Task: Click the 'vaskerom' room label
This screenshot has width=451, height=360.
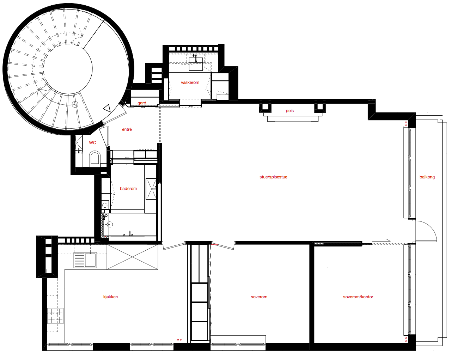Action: (x=190, y=83)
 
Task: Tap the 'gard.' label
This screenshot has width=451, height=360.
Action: (x=142, y=103)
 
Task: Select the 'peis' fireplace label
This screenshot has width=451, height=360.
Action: (x=290, y=111)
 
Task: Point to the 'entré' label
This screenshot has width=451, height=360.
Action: (x=127, y=129)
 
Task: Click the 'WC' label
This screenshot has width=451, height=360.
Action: (x=92, y=143)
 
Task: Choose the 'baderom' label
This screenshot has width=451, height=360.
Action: (x=128, y=189)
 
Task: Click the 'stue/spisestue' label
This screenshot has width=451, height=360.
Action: (x=273, y=177)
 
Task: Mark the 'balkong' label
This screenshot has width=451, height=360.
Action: (x=427, y=177)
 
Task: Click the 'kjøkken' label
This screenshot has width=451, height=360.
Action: (x=110, y=297)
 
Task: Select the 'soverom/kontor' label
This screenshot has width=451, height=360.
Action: (x=358, y=297)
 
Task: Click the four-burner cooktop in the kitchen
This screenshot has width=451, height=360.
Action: (x=55, y=316)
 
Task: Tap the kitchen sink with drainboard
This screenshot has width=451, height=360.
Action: (x=85, y=260)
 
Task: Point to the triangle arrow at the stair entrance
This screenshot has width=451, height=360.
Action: (x=107, y=108)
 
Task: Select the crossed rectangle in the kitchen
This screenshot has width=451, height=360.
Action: (x=133, y=257)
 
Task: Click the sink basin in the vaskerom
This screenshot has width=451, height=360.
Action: (x=196, y=64)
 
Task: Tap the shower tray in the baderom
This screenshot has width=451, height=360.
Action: (x=151, y=189)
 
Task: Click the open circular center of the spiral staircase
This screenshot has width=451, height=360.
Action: (x=68, y=68)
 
